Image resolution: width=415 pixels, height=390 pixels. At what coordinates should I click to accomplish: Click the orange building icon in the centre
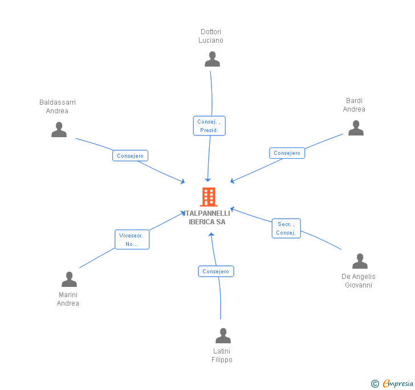point(209,197)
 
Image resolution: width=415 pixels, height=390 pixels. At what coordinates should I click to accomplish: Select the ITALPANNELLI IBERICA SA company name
point(207,217)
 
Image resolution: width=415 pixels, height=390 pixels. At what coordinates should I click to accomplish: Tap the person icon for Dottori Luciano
point(212,59)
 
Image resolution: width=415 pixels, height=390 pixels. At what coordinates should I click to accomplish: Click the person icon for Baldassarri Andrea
point(59,130)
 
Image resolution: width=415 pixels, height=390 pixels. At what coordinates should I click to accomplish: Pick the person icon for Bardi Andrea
point(356,128)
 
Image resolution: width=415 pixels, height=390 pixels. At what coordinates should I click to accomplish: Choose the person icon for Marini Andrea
point(69,280)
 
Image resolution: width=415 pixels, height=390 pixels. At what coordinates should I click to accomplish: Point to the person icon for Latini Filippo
point(223,336)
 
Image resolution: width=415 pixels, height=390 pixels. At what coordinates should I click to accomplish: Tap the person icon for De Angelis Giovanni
point(360,261)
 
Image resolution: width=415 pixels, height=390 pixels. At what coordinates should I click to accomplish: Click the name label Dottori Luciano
point(211,36)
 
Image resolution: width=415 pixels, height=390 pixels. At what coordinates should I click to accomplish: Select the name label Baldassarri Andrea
point(58,107)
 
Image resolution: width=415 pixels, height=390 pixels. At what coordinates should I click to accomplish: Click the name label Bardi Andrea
point(354,105)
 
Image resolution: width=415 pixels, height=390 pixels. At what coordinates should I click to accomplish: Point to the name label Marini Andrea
point(68,299)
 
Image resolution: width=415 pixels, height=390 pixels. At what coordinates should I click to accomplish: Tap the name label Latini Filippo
point(222,355)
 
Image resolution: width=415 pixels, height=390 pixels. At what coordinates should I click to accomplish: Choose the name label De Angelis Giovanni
point(359,281)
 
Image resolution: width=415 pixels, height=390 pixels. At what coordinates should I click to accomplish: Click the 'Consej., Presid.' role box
point(209,126)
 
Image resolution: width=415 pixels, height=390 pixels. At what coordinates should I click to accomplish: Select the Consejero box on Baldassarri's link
point(130,155)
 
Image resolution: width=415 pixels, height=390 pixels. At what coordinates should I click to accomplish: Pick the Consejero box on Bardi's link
point(287,153)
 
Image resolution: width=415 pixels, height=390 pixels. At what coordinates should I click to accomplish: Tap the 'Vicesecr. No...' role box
point(132,240)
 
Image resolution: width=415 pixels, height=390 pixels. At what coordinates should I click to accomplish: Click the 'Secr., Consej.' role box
point(286,228)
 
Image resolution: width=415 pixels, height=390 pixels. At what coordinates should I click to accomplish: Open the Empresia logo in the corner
point(393,383)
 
